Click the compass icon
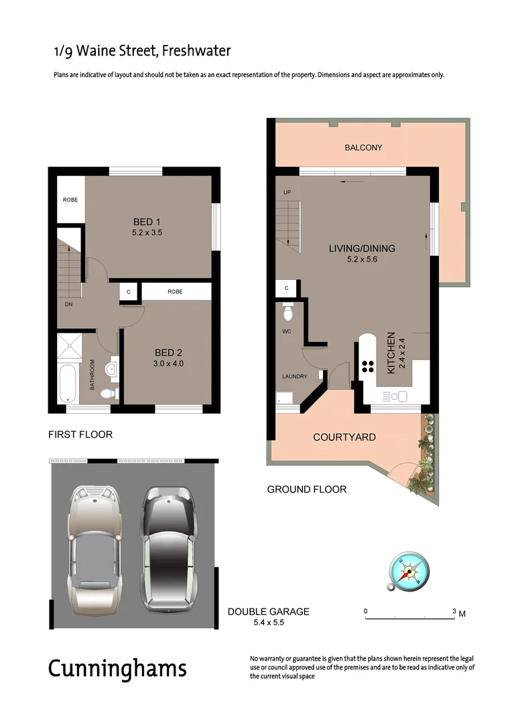click(408, 572)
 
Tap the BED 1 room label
click(147, 222)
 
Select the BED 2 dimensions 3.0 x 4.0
click(169, 364)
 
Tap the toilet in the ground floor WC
click(288, 312)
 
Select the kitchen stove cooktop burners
click(368, 366)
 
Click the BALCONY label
click(363, 147)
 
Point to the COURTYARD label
click(344, 437)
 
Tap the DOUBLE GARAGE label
click(268, 611)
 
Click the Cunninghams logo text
click(117, 668)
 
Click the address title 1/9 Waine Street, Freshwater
click(142, 51)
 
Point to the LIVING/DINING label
click(362, 248)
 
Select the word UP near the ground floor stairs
click(287, 193)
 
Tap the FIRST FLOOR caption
click(80, 434)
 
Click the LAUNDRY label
click(294, 376)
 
